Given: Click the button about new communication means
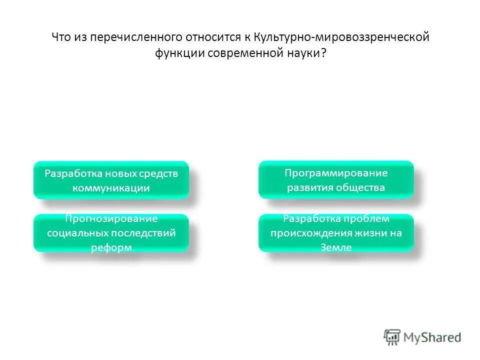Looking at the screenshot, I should (111, 180).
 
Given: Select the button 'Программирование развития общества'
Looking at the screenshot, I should (336, 180).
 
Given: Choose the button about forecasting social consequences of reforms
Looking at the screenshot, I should (111, 233).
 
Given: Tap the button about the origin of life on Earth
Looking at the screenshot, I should (336, 233).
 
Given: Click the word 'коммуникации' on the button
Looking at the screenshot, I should (111, 188).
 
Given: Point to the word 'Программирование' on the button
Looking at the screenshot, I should (336, 173).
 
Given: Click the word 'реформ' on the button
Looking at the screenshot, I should (111, 248).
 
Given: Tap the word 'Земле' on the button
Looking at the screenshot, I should (336, 248).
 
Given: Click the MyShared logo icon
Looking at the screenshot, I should (392, 337).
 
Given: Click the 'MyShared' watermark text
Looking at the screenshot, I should (433, 337).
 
